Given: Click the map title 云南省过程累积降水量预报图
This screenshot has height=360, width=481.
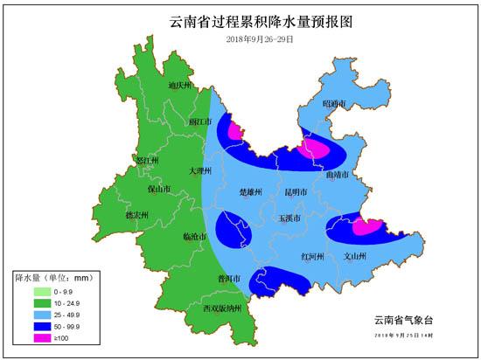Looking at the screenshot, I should tap(240, 21).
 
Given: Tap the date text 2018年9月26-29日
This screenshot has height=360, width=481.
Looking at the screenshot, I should tap(241, 39).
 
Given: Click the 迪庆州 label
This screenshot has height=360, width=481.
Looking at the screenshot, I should tap(178, 85).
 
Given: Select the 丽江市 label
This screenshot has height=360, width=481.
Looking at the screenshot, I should tap(201, 122).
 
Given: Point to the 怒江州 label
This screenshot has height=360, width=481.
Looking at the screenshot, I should tap(148, 161).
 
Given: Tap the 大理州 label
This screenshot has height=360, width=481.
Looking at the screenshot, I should tap(201, 171).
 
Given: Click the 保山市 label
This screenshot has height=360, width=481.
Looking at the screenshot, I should tap(158, 188).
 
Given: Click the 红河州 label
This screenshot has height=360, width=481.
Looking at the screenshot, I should tap(312, 257).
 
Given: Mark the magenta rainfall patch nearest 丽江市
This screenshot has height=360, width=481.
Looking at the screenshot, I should tap(234, 132).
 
